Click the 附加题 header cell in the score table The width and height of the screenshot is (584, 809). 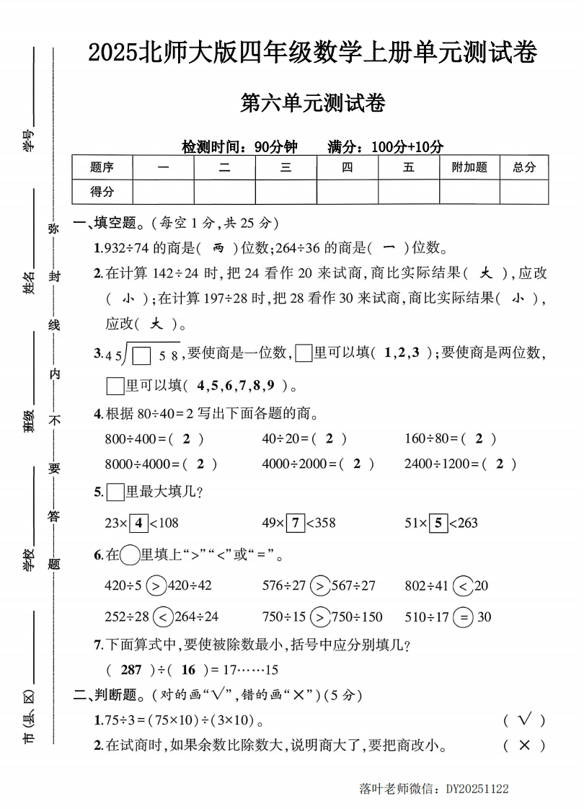[x=469, y=167]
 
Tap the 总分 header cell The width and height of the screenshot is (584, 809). [x=524, y=167]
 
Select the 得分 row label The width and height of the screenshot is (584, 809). [x=102, y=192]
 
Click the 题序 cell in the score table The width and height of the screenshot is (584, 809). [x=102, y=167]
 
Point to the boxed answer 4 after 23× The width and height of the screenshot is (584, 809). [x=139, y=523]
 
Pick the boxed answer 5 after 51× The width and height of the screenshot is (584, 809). [x=438, y=523]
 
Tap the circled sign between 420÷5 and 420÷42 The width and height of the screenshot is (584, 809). [x=156, y=585]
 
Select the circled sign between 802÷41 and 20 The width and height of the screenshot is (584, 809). [x=463, y=585]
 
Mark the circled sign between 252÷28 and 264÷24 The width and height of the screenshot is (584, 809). [x=163, y=617]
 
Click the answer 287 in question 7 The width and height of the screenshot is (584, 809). [x=130, y=670]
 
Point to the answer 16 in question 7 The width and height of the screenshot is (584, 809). [x=189, y=670]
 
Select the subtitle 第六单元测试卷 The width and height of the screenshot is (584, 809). [x=312, y=103]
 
